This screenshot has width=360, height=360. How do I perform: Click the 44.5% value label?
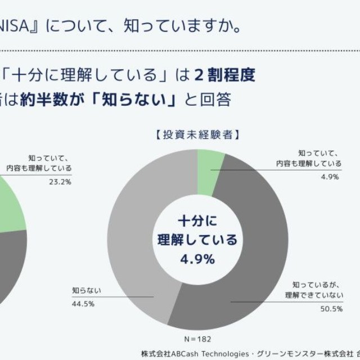(83, 304)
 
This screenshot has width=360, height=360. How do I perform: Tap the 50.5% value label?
(331, 308)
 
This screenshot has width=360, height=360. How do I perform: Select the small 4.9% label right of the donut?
(330, 177)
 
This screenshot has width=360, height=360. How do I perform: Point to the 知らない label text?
(86, 291)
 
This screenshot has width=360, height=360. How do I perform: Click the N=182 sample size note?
(198, 340)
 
